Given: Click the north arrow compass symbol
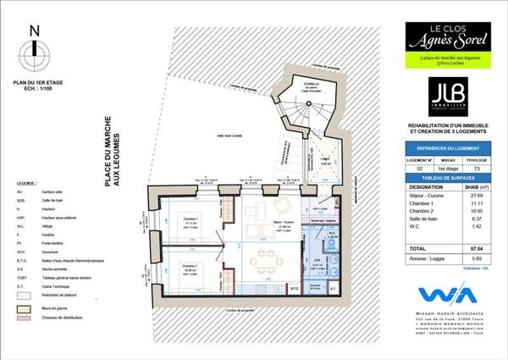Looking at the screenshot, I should [34, 53].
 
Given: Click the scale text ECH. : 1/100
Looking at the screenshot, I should [35, 88].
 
